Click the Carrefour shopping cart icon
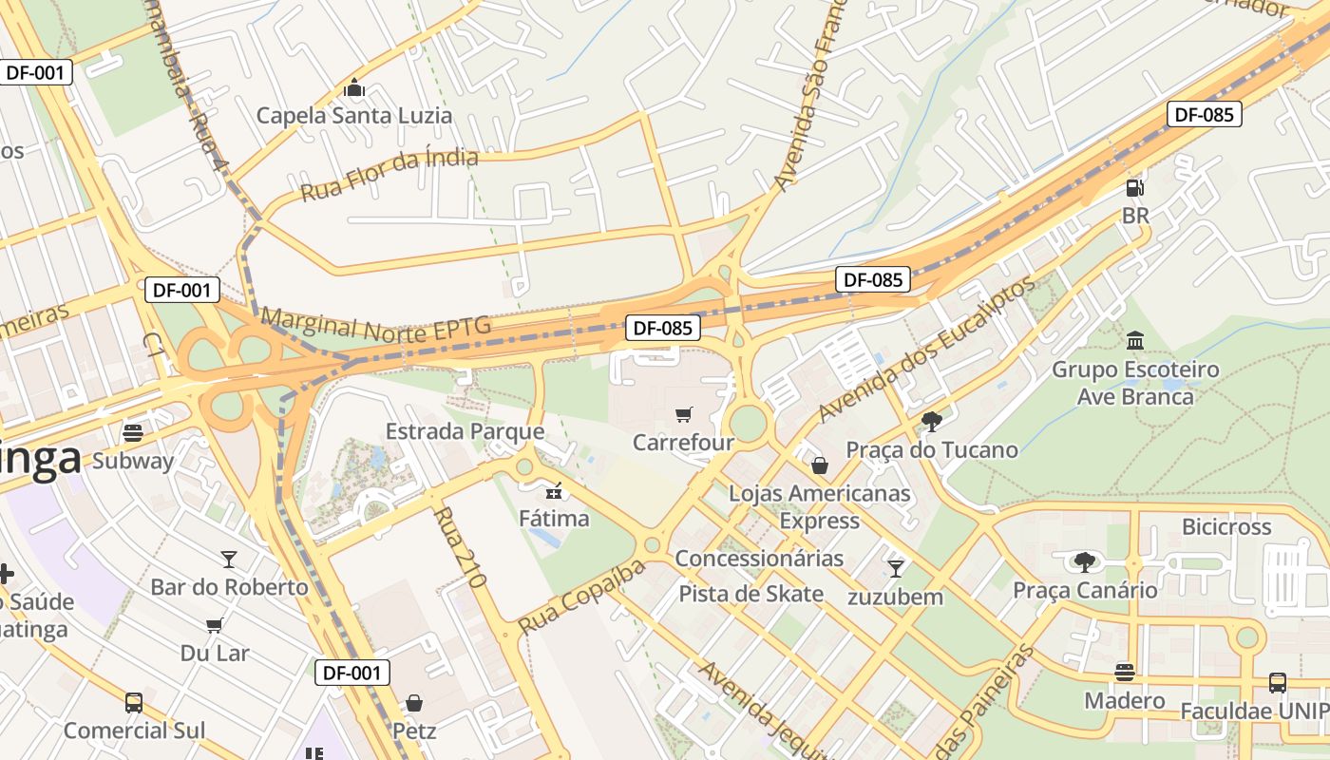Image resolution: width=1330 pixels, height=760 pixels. [x=683, y=414]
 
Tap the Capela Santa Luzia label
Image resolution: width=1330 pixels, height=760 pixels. [x=354, y=116]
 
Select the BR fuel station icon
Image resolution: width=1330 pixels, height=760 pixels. [x=1134, y=187]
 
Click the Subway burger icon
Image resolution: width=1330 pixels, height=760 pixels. [x=133, y=433]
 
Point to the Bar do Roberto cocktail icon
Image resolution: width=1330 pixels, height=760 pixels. [x=228, y=559]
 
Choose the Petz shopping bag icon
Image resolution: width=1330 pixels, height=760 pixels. [x=414, y=703]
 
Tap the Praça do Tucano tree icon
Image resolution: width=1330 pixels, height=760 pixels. [x=931, y=421]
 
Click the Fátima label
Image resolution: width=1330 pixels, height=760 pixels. [x=554, y=519]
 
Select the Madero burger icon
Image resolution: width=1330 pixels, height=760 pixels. [x=1125, y=673]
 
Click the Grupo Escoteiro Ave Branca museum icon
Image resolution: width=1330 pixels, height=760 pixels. [x=1135, y=340]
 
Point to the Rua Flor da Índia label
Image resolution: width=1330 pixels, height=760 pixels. [x=389, y=175]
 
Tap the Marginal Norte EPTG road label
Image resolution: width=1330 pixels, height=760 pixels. [x=376, y=324]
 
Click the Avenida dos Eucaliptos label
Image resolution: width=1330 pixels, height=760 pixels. [x=925, y=350]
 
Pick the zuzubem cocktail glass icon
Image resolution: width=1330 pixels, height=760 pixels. [x=895, y=568]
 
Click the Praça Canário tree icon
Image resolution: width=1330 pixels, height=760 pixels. [x=1084, y=561]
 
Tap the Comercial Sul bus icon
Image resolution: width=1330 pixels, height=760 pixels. [x=134, y=703]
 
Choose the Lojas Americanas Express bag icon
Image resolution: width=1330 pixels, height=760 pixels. [x=819, y=465]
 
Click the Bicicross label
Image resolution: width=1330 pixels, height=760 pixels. [x=1225, y=526]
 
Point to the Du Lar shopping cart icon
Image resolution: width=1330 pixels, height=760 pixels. [x=215, y=625]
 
